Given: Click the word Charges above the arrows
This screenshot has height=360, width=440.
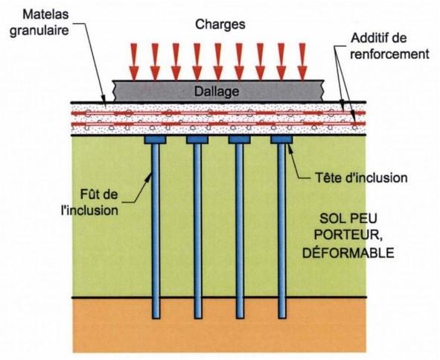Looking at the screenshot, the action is (220, 25).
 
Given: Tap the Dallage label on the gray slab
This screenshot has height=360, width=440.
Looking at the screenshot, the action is (217, 92).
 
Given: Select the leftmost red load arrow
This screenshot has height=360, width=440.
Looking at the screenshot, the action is (134, 62).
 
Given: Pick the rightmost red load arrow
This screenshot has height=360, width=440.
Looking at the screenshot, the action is (302, 62).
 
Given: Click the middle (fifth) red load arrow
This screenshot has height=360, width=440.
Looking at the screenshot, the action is (218, 62).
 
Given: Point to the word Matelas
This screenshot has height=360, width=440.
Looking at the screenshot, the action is (45, 14).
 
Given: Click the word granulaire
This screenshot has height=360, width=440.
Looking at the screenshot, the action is (39, 31).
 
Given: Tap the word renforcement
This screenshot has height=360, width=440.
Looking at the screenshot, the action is (389, 54).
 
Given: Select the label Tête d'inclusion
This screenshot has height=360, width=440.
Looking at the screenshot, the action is (361, 178).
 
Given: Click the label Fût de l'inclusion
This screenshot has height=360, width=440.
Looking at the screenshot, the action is (90, 202).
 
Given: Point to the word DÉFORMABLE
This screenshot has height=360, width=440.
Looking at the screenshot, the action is (348, 253).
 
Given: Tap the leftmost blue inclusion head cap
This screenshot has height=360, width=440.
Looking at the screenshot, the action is (155, 139).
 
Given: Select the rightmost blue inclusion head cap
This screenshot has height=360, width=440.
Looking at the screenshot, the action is (281, 139).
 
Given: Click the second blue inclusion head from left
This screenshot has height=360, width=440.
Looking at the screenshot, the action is (197, 139).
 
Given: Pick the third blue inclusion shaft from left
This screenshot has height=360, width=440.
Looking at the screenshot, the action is (240, 231).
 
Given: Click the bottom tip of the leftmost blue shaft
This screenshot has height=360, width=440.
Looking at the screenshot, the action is (156, 318).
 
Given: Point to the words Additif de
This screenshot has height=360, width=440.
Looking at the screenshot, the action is (379, 38).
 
